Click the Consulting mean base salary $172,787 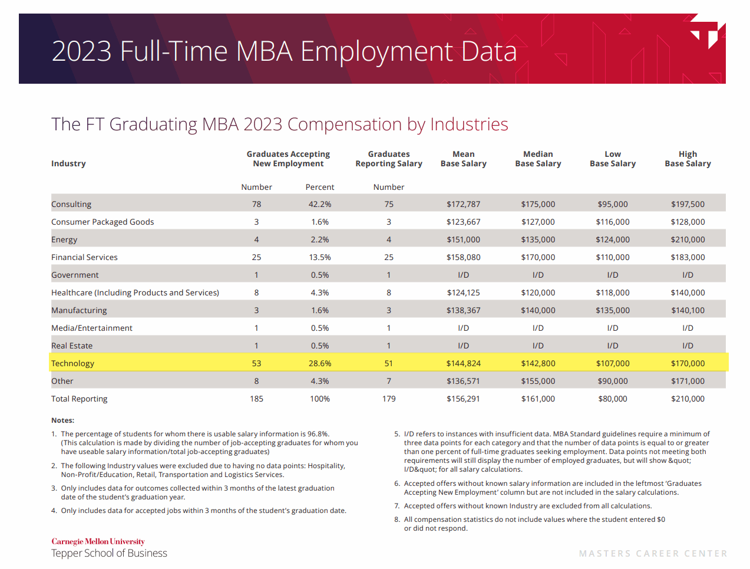tap(463, 204)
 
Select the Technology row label tap(72, 363)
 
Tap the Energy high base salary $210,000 tap(688, 239)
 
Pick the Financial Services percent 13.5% tap(320, 257)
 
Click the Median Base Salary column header tap(538, 159)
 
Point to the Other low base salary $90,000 tap(613, 381)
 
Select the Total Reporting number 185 tap(256, 399)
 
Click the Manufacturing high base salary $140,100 tap(688, 310)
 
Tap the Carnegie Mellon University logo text tap(98, 541)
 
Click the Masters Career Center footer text tap(653, 553)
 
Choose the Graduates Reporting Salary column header tap(389, 159)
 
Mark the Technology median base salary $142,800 tap(538, 363)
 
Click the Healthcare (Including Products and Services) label tap(135, 292)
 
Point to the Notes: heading tap(62, 420)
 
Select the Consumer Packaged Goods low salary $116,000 tap(613, 222)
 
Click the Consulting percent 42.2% tap(320, 204)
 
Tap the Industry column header tap(68, 163)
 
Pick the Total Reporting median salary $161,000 tap(538, 399)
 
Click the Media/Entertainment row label tap(92, 328)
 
